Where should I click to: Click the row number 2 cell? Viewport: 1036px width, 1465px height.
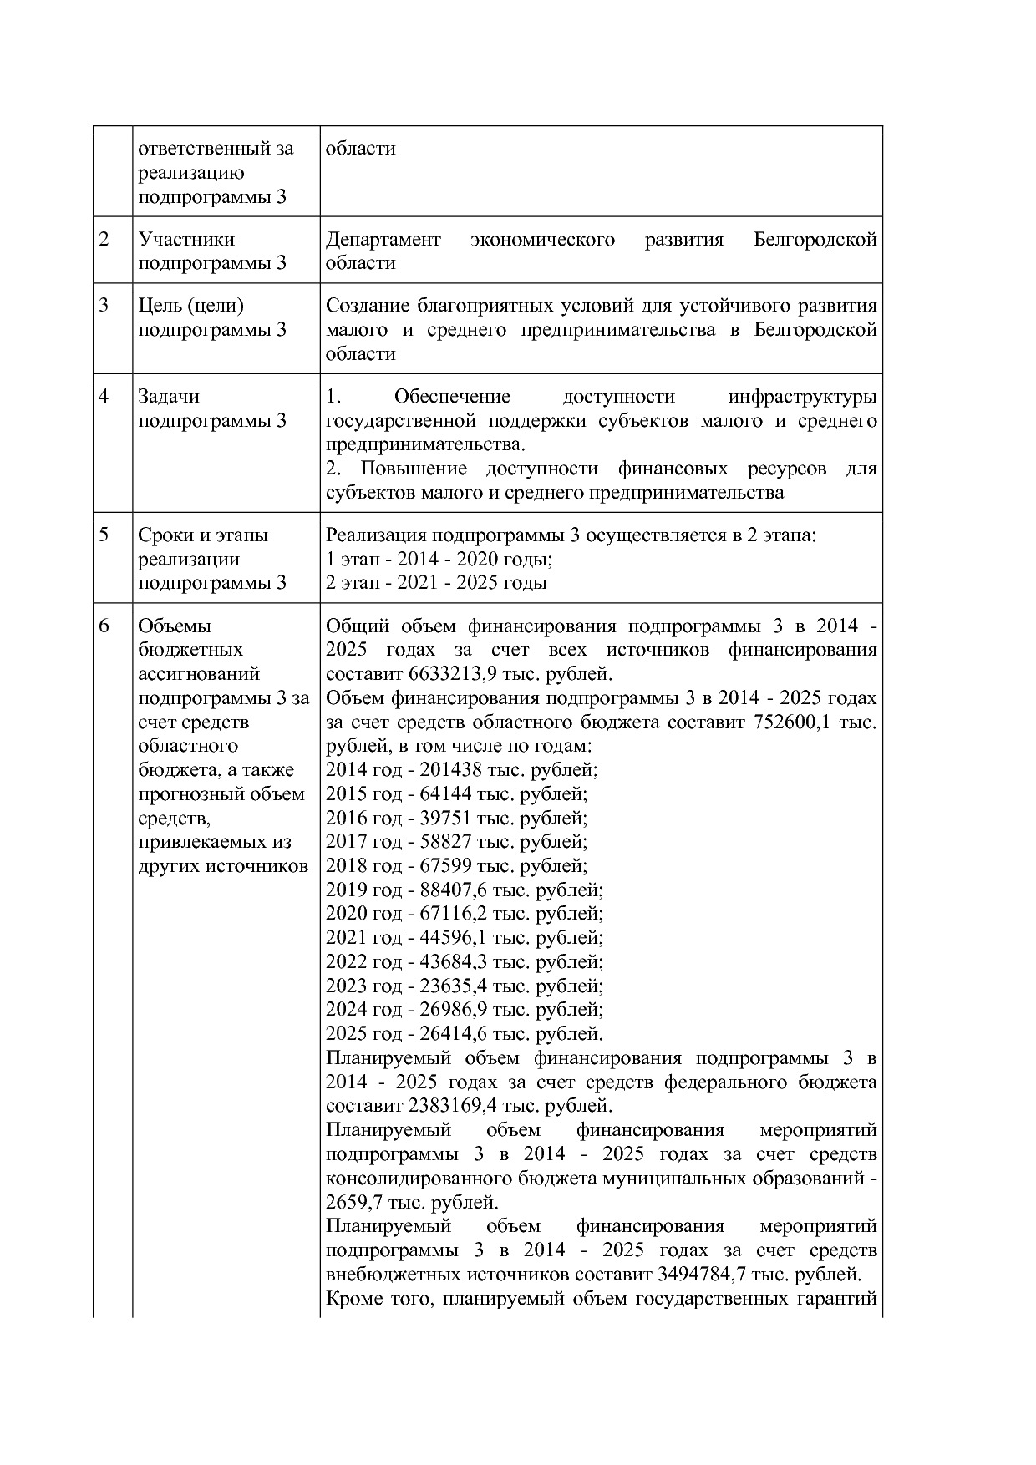[104, 240]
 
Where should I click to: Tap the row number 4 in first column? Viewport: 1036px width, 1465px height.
[104, 397]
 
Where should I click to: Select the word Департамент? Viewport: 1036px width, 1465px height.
[383, 240]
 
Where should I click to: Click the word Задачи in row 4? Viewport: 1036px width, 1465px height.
[169, 397]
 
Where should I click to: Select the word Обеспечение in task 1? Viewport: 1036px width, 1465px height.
[452, 397]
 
